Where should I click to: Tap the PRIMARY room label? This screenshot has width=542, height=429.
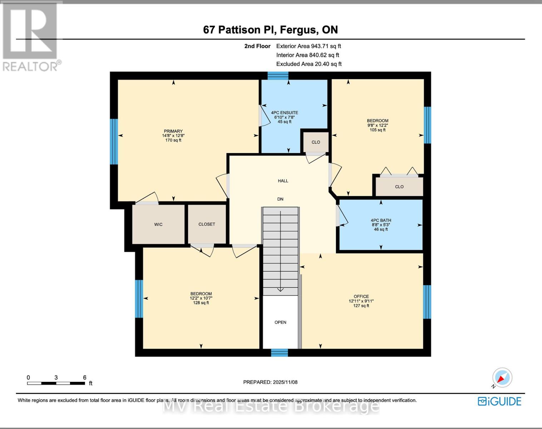(173, 131)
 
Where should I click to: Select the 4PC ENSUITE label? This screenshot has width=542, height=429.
(284, 113)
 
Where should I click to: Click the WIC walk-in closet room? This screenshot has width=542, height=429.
(158, 225)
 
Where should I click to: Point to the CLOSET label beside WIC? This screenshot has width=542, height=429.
(207, 224)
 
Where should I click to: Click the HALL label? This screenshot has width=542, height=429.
(283, 181)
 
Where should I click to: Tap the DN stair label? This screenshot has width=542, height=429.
(280, 199)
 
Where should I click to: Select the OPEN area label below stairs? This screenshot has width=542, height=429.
(280, 322)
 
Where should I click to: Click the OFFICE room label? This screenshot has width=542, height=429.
(361, 296)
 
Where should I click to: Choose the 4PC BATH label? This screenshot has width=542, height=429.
(381, 221)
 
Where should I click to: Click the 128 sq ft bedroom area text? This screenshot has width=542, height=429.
(201, 303)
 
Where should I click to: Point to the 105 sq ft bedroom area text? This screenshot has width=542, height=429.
(378, 130)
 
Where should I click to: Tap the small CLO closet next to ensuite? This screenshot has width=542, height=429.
(316, 142)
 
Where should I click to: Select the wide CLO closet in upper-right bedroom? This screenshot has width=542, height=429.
(399, 187)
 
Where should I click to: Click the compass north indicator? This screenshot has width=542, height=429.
(502, 378)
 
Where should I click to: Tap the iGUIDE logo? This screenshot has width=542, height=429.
(499, 401)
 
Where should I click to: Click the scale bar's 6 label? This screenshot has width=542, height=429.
(85, 378)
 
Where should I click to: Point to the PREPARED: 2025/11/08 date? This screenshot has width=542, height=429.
(270, 382)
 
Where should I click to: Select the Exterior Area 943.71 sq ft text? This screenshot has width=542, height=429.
(309, 46)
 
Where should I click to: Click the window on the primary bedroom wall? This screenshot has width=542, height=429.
(114, 142)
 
